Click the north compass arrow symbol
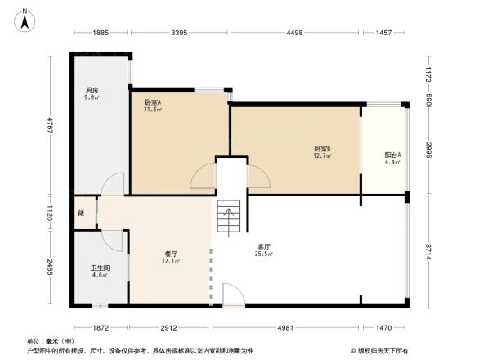click(x=25, y=17)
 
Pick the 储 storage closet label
click(x=80, y=214)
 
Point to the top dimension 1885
click(x=101, y=33)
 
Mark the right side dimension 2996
click(x=428, y=152)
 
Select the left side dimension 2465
click(x=50, y=268)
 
